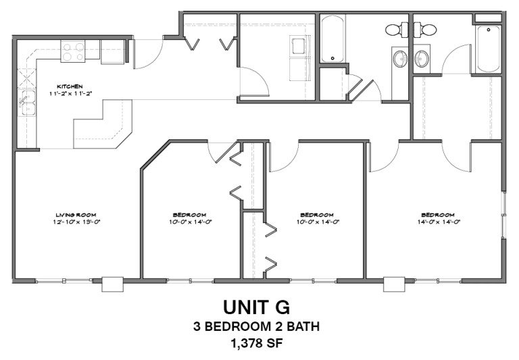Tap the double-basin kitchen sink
(x=27, y=103)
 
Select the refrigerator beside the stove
(x=112, y=51)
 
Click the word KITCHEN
(x=70, y=86)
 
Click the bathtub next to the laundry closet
(x=331, y=39)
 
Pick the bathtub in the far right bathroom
(x=488, y=49)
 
